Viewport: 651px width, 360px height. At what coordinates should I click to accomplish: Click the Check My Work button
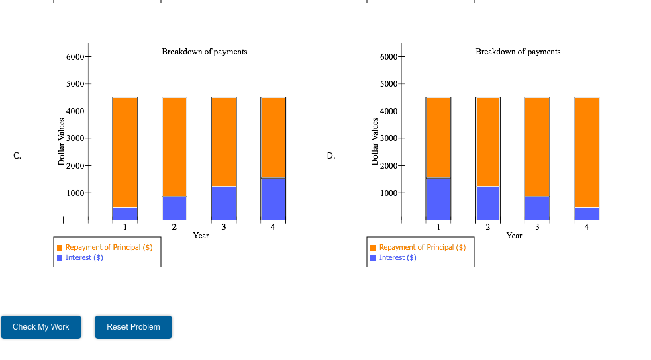[x=41, y=327]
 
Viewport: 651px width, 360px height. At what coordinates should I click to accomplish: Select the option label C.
[x=17, y=156]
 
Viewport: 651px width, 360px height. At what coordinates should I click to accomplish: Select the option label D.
[x=331, y=156]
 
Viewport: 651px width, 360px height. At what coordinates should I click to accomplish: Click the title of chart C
[x=204, y=52]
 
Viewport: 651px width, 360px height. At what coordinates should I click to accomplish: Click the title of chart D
[x=517, y=52]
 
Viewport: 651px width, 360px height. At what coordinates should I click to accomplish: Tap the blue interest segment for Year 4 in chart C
[x=273, y=198]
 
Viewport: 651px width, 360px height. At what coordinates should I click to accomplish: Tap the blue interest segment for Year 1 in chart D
[x=438, y=198]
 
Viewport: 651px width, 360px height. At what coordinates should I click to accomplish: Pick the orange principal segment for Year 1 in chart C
[x=125, y=152]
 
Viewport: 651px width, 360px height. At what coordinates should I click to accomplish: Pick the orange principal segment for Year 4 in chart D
[x=587, y=152]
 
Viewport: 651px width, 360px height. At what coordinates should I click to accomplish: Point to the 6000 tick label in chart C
[x=74, y=57]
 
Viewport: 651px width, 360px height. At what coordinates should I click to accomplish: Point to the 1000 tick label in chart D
[x=388, y=193]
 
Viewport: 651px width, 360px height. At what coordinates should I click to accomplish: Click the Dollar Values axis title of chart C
[x=62, y=141]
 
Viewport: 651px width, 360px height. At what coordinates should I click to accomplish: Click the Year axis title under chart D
[x=514, y=236]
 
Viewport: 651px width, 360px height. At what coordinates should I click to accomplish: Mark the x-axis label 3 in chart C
[x=223, y=227]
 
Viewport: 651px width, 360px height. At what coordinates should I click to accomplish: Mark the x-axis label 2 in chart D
[x=488, y=227]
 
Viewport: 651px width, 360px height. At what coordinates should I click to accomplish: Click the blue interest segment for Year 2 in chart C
[x=174, y=208]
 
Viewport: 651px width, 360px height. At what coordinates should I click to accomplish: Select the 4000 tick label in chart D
[x=388, y=111]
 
